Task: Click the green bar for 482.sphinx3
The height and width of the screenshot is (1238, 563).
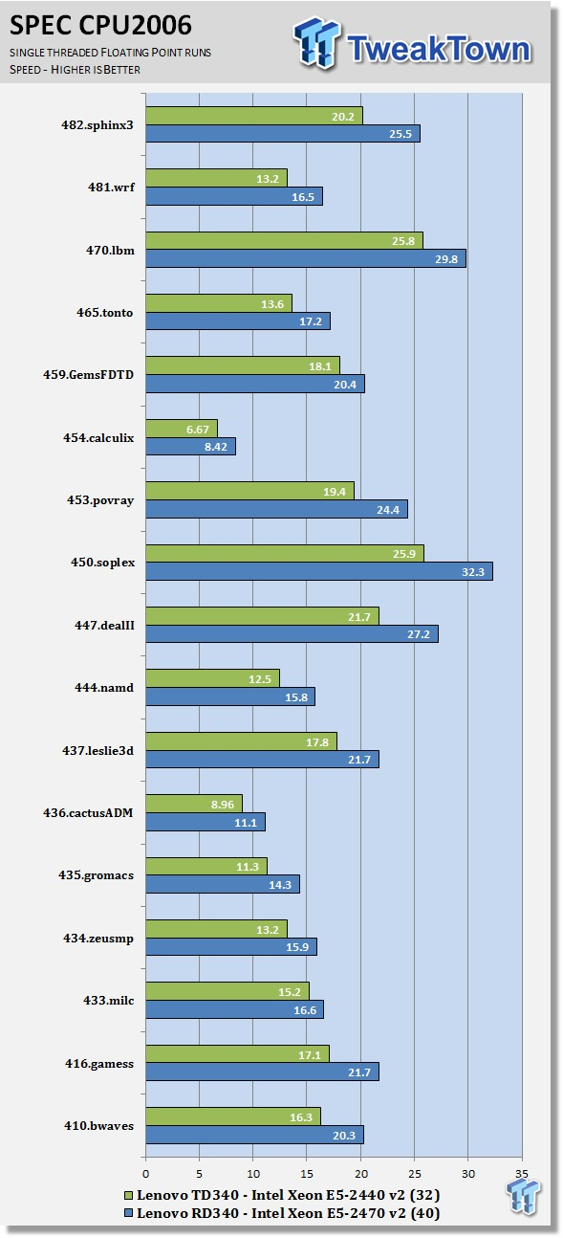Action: [254, 116]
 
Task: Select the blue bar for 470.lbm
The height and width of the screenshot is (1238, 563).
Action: [306, 258]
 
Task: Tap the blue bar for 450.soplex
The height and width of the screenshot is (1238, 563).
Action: [319, 571]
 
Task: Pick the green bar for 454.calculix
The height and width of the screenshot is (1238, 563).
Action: [182, 429]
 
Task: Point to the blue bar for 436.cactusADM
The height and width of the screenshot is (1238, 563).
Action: [206, 823]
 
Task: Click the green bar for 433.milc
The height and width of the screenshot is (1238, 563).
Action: [227, 991]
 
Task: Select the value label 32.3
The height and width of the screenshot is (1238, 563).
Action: [473, 572]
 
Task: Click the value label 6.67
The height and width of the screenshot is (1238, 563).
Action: [198, 430]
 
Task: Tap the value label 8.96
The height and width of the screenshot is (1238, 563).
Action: [223, 805]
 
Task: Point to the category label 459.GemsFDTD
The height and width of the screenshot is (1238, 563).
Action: [88, 375]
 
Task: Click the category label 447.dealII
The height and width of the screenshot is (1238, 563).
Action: [104, 625]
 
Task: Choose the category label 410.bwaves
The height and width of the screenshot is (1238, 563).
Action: [98, 1125]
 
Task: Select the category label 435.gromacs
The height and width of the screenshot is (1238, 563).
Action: [96, 875]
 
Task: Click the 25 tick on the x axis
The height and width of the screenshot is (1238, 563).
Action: [415, 1173]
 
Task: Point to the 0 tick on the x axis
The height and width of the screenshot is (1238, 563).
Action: [145, 1173]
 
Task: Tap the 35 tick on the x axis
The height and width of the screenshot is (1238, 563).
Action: [522, 1173]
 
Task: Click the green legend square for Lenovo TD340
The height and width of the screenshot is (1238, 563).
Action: [129, 1196]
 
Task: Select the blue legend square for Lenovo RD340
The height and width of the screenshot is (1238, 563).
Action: [129, 1214]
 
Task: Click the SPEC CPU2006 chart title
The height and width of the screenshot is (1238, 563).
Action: [101, 26]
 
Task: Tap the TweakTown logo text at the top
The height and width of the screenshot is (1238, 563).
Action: [439, 49]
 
